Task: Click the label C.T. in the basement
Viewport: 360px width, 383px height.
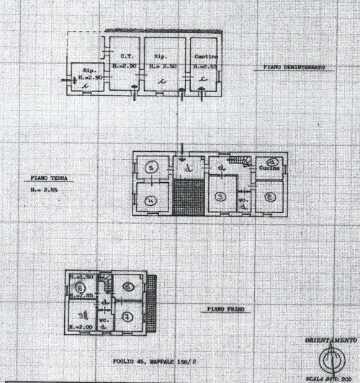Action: coord(125,57)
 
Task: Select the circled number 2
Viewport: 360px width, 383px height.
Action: coord(269,196)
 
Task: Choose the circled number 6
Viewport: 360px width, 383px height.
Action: coord(127,287)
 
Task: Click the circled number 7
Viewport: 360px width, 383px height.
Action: coord(126,315)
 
